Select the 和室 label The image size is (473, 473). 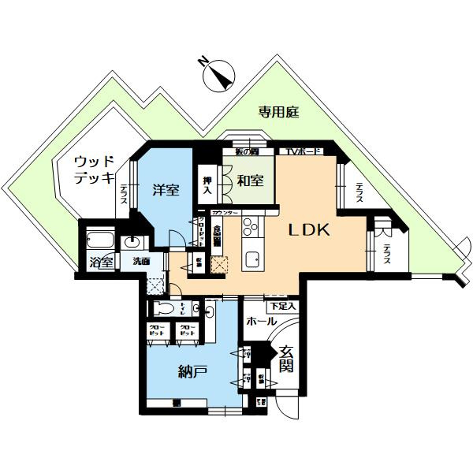point(250,181)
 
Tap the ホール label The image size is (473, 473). point(261,322)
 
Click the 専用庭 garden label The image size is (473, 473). point(278,113)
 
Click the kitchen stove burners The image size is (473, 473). point(251,229)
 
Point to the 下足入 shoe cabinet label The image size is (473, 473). point(282,305)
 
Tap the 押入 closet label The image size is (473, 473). point(207,185)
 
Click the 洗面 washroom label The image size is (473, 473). point(142,261)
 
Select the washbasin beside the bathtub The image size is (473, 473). point(132,241)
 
